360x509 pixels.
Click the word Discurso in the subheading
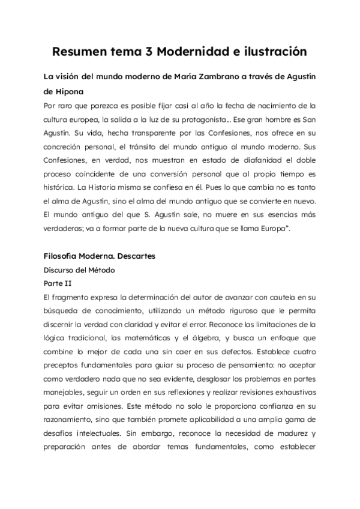tap(60, 270)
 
